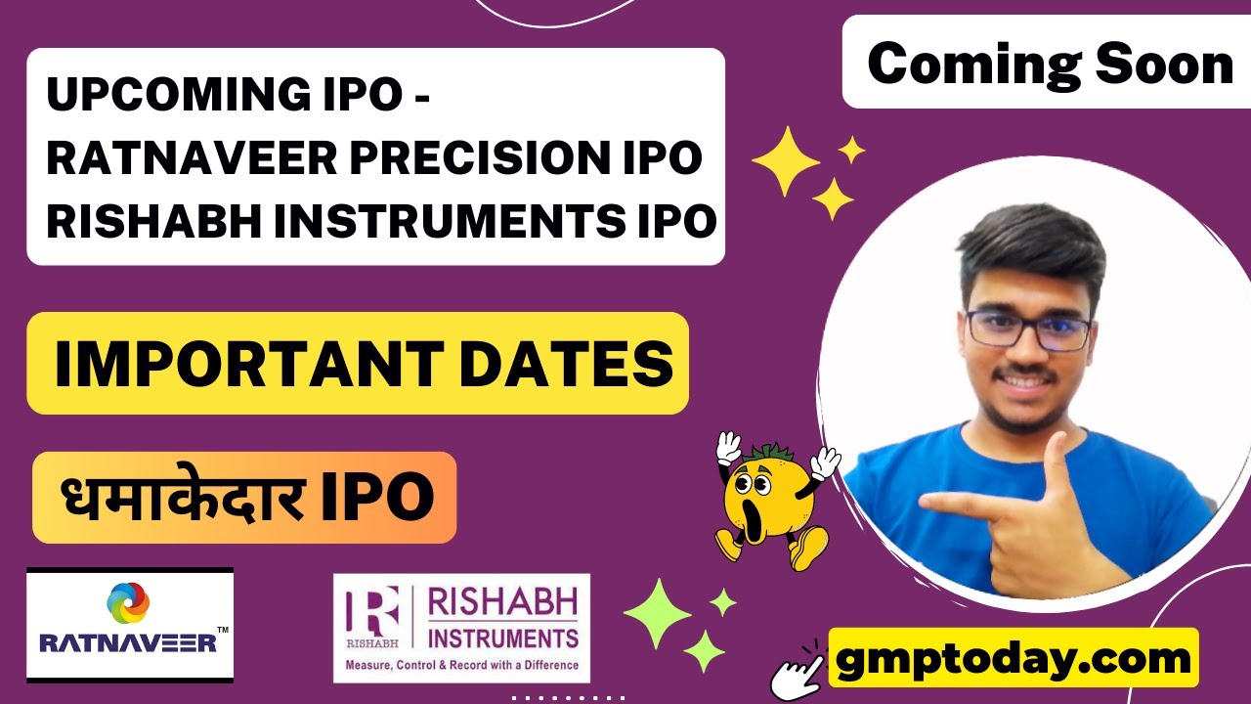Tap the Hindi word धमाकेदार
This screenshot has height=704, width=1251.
point(181,498)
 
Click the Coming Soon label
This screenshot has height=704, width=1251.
point(1050,65)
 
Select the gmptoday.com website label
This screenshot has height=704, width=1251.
point(1014,658)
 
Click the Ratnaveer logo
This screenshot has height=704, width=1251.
point(130,625)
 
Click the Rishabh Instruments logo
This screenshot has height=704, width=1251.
point(461,627)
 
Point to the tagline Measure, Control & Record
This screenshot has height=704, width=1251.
point(461,666)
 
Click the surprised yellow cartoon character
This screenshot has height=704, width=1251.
point(772,499)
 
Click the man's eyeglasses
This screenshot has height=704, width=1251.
point(1029,330)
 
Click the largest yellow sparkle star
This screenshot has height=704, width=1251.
point(784,161)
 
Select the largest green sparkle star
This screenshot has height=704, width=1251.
point(657,613)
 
